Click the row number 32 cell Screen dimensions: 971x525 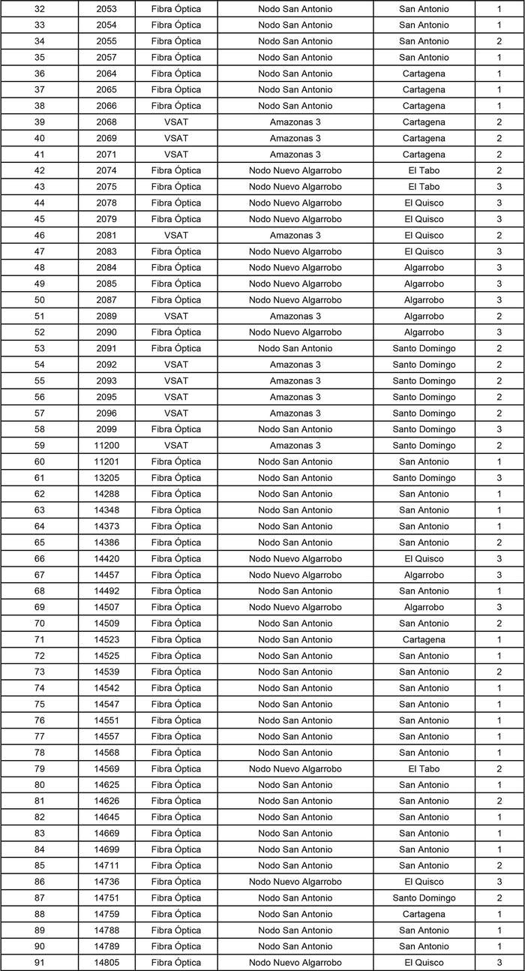pos(39,9)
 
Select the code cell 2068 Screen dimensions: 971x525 pos(106,122)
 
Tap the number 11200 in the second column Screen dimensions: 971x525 pos(106,446)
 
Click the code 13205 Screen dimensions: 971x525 pos(106,478)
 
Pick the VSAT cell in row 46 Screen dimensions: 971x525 pos(176,236)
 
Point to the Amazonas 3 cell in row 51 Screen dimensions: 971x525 pos(295,317)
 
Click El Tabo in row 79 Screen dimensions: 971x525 pos(424,769)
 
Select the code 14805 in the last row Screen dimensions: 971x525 pos(106,963)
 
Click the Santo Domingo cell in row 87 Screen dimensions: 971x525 pos(424,898)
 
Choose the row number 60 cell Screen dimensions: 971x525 pos(39,462)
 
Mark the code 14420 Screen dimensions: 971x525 pos(106,559)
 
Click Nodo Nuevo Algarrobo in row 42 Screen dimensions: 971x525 pos(295,171)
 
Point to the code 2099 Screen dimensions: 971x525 pos(106,429)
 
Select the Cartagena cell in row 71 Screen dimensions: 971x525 pos(424,640)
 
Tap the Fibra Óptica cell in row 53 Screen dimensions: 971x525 pos(176,349)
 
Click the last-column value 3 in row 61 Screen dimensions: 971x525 pos(499,478)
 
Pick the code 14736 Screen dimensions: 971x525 pos(106,882)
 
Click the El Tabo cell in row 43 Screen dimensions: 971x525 pos(424,187)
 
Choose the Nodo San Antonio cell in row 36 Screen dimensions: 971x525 pos(295,74)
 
